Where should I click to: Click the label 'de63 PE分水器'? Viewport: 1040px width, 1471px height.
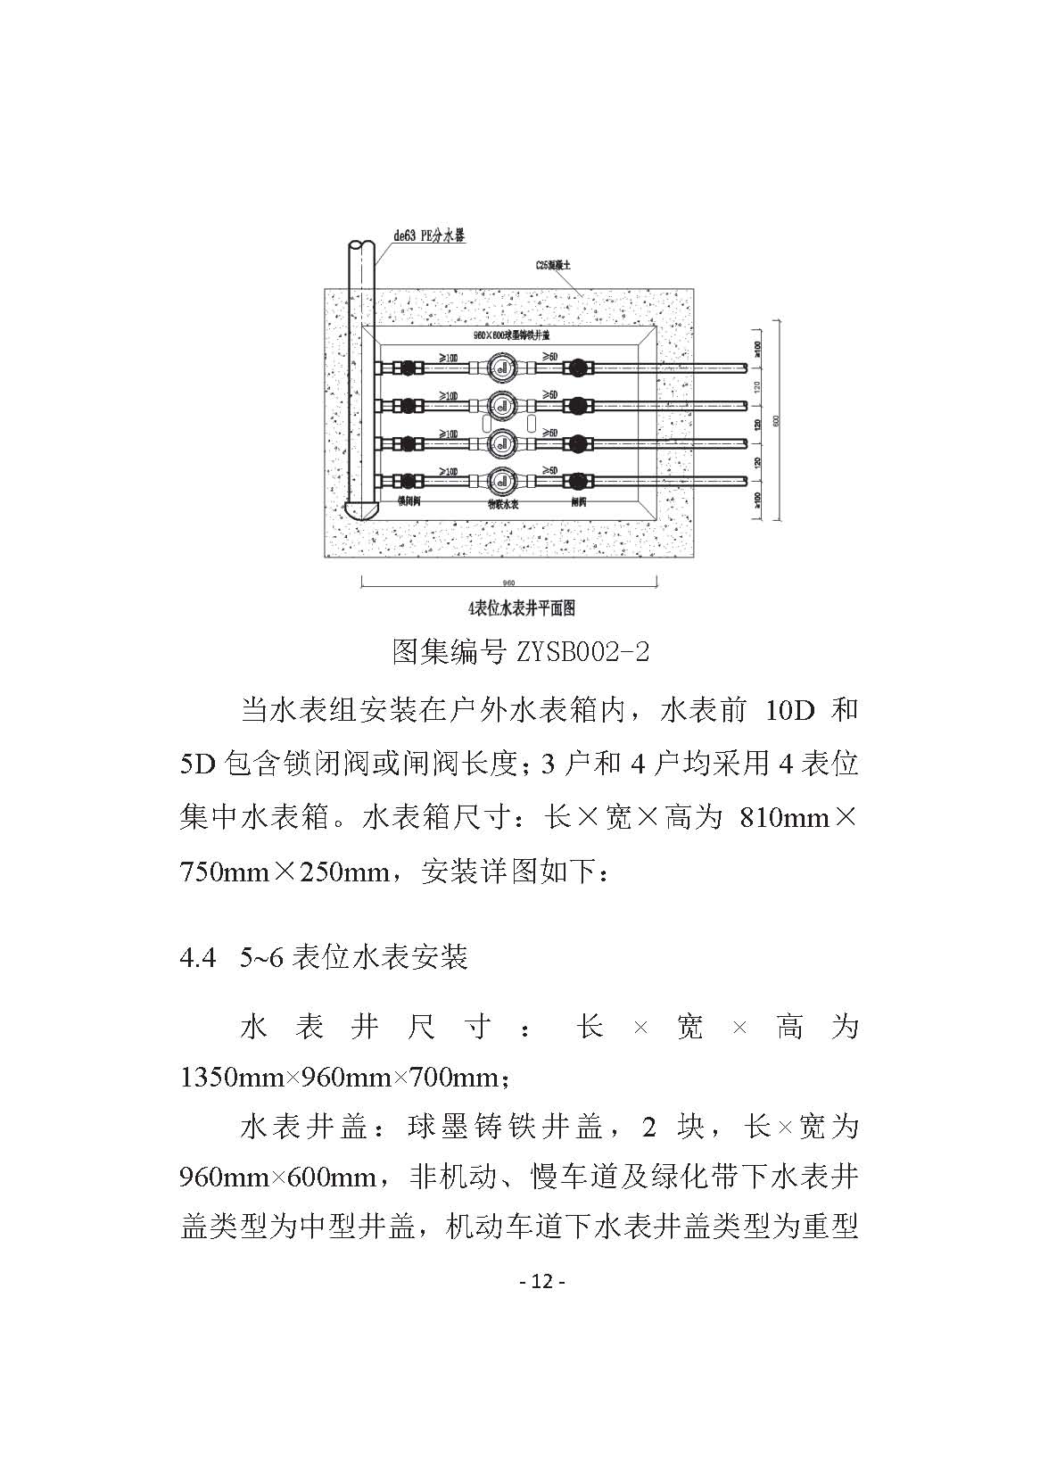click(x=431, y=236)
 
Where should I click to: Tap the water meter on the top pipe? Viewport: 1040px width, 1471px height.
click(x=503, y=367)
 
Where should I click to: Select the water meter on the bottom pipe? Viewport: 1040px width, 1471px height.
click(x=503, y=480)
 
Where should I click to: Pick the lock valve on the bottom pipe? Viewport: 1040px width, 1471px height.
click(x=408, y=481)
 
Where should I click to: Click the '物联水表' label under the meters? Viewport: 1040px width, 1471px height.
click(x=503, y=503)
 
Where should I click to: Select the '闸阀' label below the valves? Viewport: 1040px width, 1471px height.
click(x=579, y=502)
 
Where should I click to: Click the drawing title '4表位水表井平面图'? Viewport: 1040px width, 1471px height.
click(x=522, y=609)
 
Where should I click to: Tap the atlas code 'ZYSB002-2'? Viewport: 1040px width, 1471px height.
click(x=581, y=652)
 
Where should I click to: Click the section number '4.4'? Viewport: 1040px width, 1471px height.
click(x=198, y=958)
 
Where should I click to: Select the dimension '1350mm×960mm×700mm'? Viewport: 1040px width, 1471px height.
click(x=343, y=1078)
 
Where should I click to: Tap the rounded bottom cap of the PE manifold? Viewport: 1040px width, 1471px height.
click(x=363, y=511)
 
